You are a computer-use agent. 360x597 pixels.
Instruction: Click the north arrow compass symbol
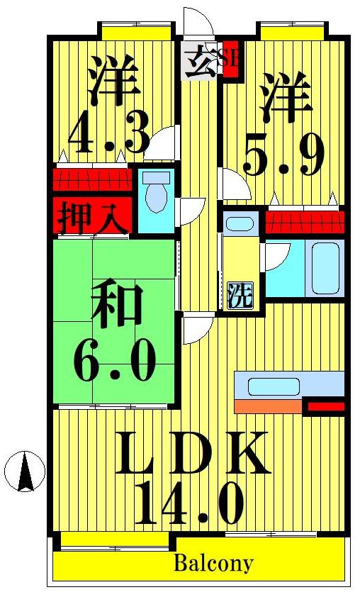click(x=25, y=472)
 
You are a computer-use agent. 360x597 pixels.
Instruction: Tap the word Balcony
click(x=213, y=564)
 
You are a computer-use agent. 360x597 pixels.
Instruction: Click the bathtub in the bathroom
click(x=325, y=269)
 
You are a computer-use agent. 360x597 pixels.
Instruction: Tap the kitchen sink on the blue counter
click(x=269, y=386)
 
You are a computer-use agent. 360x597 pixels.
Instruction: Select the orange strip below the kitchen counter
click(x=268, y=406)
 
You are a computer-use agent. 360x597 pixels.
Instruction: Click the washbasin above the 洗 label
click(x=240, y=224)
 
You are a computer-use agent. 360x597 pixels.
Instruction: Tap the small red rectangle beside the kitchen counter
click(x=325, y=407)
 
